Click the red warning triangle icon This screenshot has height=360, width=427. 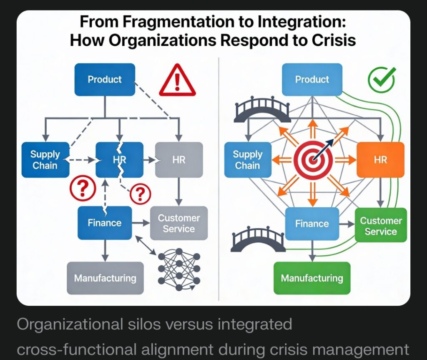[177, 81]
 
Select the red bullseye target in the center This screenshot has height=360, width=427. [313, 160]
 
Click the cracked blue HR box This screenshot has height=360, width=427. [120, 160]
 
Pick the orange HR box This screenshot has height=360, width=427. [380, 160]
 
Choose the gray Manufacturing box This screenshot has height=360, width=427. [105, 278]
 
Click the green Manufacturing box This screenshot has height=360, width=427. [312, 278]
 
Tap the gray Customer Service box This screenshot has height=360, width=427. [178, 223]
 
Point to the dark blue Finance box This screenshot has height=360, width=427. [105, 223]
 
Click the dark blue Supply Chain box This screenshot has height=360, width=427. [45, 160]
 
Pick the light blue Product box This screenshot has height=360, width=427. [312, 79]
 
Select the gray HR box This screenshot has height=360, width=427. [179, 160]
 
